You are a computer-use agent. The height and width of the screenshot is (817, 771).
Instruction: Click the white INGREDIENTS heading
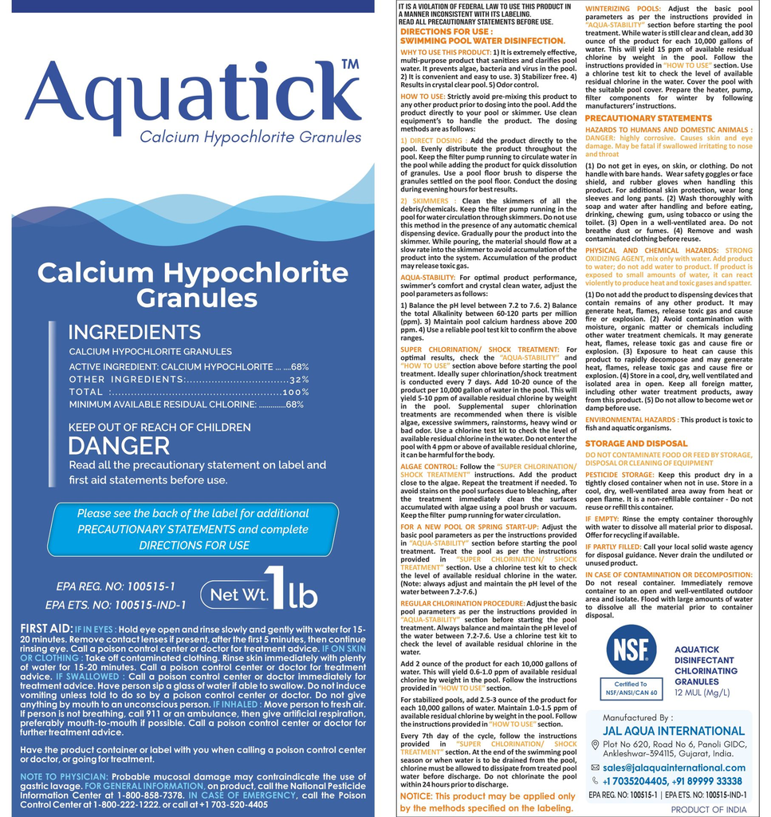123,332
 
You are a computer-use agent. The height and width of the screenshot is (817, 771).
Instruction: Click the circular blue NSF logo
631,649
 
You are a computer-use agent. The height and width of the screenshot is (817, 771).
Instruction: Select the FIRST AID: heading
45,630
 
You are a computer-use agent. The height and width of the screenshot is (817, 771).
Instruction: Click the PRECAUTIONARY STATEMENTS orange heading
647,118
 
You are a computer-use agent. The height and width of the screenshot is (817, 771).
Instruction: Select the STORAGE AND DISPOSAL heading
635,443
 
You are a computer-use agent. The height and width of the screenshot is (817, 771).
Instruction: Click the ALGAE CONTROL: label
428,466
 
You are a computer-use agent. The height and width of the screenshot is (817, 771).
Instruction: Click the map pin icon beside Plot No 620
595,744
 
